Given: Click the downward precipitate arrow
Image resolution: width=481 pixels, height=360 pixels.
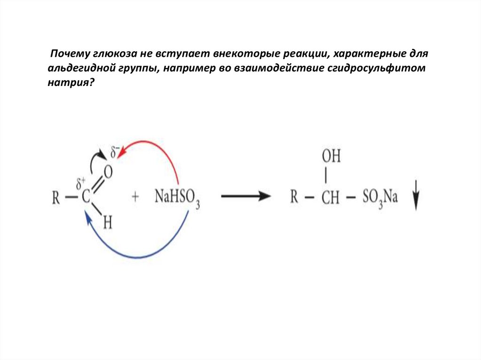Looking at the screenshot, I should pos(416,199).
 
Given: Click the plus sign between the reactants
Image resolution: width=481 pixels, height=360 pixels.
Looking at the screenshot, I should pos(136,197).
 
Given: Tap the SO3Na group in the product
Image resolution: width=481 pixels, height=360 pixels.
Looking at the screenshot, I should pos(380,197).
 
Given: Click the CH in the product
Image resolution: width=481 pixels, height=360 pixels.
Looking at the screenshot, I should pos(331,197).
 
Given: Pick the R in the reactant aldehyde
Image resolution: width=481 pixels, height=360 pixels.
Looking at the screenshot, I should pos(55,197).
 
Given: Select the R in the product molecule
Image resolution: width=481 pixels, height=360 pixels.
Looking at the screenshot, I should pos(295,197).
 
